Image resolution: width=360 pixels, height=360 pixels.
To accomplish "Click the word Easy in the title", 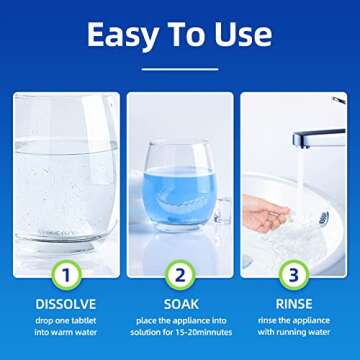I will click(122, 35).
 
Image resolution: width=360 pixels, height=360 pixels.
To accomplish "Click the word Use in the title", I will click(241, 35).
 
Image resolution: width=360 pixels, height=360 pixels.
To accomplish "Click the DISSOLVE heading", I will click(65, 302).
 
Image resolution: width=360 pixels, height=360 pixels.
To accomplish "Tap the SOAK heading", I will click(181, 302).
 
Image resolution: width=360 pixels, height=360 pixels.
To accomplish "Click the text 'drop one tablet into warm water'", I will click(65, 325).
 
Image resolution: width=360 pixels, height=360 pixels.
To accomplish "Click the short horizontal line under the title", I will click(180, 69).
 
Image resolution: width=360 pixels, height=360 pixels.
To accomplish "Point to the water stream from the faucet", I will click(297, 180).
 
